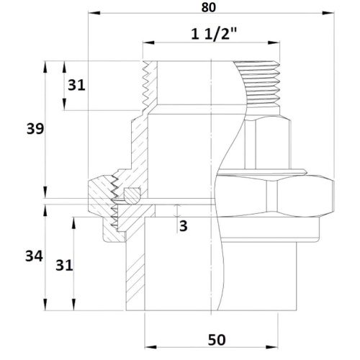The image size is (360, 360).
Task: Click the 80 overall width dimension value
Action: pyautogui.click(x=208, y=7)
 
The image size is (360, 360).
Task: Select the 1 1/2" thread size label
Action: pyautogui.click(x=214, y=34)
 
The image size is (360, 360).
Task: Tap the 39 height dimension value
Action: pyautogui.click(x=35, y=129)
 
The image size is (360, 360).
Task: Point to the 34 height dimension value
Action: pyautogui.click(x=34, y=256)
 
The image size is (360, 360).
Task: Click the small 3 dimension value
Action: pyautogui.click(x=184, y=226)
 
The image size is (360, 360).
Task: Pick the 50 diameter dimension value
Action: pyautogui.click(x=217, y=340)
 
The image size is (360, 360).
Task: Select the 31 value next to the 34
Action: pyautogui.click(x=64, y=265)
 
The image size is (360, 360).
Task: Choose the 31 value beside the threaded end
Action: pyautogui.click(x=76, y=85)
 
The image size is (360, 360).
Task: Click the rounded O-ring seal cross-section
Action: pyautogui.click(x=132, y=195)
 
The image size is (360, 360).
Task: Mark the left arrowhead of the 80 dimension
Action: pyautogui.click(x=94, y=13)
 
